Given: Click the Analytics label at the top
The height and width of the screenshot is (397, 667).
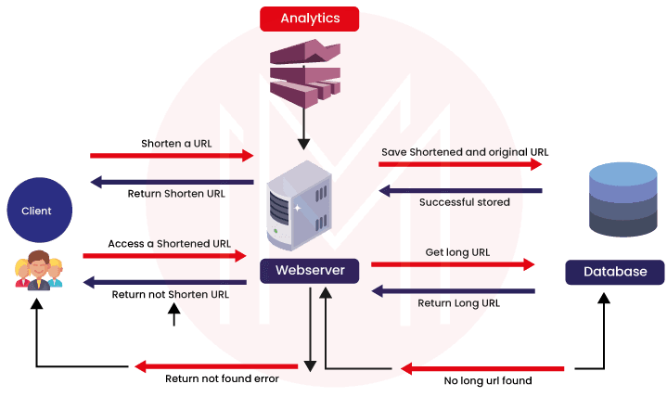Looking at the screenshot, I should (310, 19).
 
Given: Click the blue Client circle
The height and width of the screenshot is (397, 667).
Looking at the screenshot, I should (36, 211).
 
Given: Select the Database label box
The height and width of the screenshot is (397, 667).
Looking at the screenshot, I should (614, 272).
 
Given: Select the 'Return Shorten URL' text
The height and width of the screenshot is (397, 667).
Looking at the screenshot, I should (176, 194).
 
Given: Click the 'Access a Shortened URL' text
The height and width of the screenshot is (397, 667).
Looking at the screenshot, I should (169, 243).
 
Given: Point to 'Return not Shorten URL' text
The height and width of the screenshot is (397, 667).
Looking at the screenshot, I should (171, 295).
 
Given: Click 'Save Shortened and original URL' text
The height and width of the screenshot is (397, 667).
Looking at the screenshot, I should (465, 151).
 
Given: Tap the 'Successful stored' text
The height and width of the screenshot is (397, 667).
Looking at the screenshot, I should (464, 201).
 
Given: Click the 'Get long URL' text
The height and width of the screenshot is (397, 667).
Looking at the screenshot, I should (457, 251).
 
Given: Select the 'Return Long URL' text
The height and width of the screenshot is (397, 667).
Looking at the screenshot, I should (458, 302).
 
